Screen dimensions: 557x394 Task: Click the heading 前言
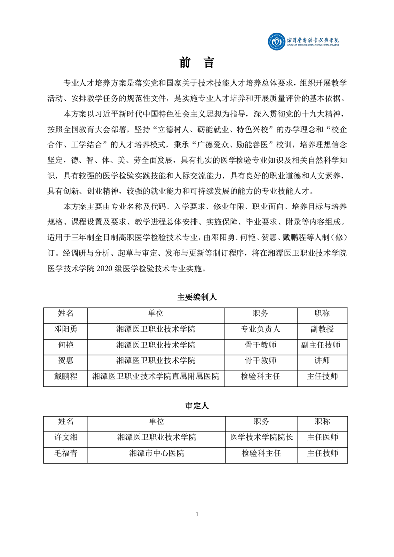[x=197, y=63]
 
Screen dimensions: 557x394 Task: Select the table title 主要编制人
[x=197, y=297]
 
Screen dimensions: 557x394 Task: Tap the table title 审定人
[x=197, y=406]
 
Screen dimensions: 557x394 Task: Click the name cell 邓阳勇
[x=66, y=329]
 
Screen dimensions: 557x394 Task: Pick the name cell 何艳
[x=66, y=345]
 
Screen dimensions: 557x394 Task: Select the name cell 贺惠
[x=66, y=361]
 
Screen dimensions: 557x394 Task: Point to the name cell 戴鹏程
[x=66, y=377]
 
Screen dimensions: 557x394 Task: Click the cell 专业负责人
[x=261, y=329]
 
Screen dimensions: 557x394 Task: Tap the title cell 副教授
[x=322, y=329]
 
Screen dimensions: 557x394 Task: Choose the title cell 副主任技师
[x=322, y=345]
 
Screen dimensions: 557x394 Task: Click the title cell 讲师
[x=322, y=361]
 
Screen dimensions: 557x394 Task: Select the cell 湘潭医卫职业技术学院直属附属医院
[x=156, y=377]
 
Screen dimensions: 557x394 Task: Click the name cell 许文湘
[x=66, y=437]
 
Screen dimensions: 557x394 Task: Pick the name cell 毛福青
[x=66, y=453]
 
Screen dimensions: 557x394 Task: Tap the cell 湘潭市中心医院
[x=157, y=453]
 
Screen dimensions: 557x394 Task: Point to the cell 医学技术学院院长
[x=261, y=437]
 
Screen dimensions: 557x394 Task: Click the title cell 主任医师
[x=322, y=437]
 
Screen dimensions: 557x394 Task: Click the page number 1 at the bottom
[x=197, y=514]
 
